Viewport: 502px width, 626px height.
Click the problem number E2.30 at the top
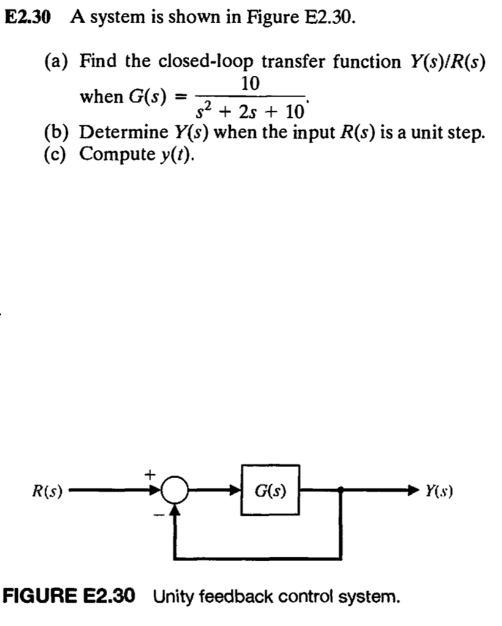(29, 17)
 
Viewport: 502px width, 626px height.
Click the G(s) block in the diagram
(271, 490)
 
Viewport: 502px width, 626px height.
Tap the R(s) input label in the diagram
(48, 491)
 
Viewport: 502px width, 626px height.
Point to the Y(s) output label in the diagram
(438, 491)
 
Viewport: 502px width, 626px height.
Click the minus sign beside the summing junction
(157, 515)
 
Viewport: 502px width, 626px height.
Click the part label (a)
(58, 62)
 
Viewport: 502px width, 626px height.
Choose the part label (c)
(58, 153)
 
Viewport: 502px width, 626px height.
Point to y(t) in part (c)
(177, 154)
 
